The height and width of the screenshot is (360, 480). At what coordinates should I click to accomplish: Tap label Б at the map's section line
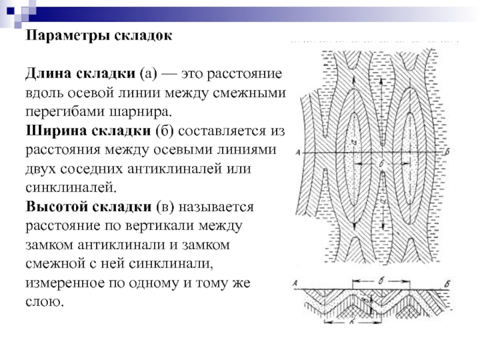448,153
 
